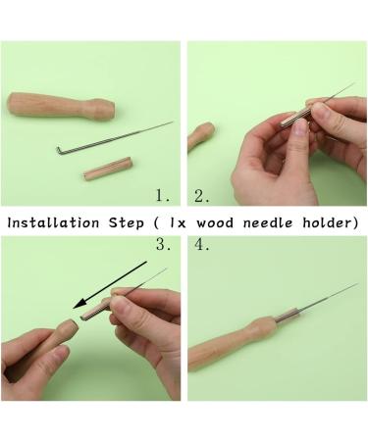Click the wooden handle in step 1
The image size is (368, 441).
[x=61, y=106]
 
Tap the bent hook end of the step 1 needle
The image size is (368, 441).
[x=59, y=151]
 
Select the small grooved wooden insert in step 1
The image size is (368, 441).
[x=107, y=169]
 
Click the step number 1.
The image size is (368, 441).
[x=163, y=196]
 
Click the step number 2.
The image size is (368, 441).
[x=201, y=196]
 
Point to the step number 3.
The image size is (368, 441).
[x=163, y=244]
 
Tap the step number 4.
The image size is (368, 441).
[x=202, y=244]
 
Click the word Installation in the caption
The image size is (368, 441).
[x=53, y=222]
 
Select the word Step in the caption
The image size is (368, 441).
[x=127, y=223]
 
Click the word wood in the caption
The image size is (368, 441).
[x=215, y=223]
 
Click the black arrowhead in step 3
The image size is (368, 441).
[x=80, y=303]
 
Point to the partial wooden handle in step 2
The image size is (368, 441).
[x=201, y=136]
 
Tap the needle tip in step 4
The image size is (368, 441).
[x=357, y=284]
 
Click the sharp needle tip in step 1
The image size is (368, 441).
[x=172, y=122]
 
